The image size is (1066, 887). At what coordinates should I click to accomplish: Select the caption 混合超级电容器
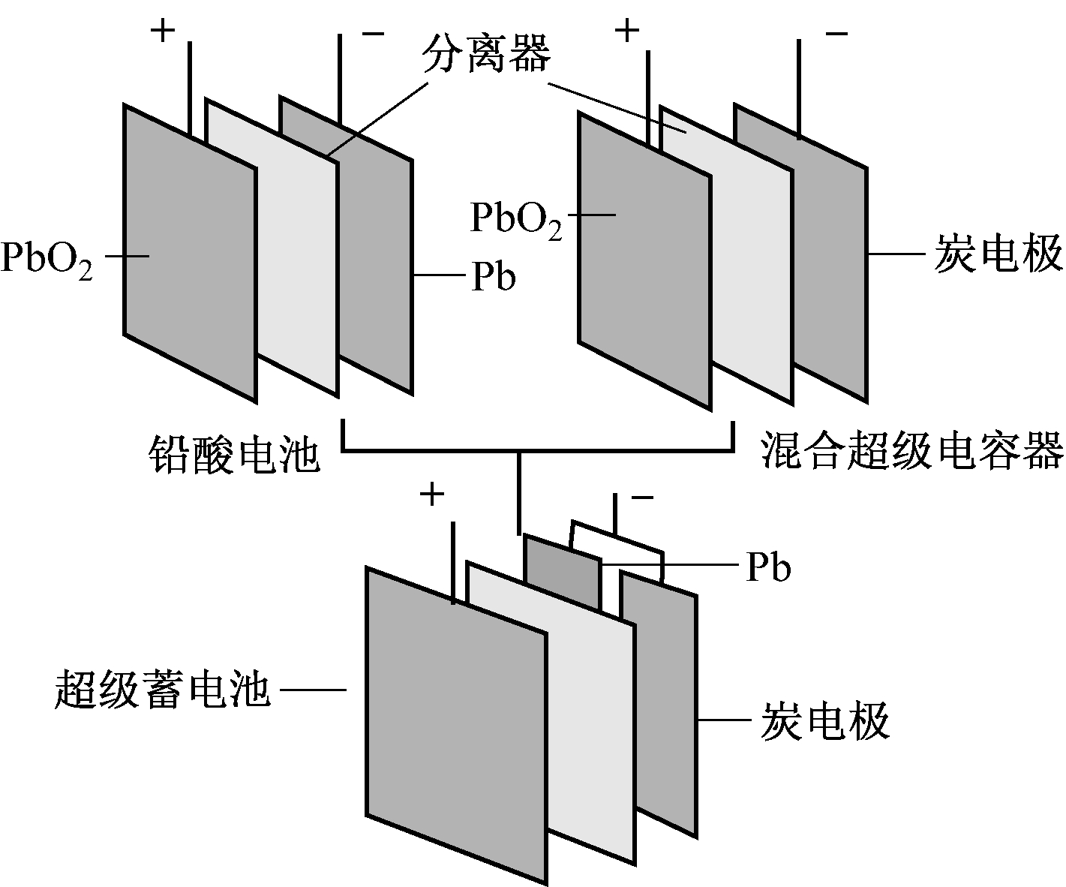point(912,450)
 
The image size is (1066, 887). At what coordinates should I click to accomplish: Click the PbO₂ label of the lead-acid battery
point(47,259)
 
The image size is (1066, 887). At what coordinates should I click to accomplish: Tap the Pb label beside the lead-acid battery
point(494,277)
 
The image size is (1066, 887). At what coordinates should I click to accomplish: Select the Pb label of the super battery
point(768,568)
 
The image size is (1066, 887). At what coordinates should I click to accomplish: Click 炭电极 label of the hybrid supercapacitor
point(999,254)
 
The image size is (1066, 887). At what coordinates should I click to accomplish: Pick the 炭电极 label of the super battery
point(825,721)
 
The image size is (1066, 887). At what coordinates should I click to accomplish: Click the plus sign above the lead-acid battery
point(163,31)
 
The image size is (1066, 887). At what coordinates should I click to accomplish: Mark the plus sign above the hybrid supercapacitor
point(627,31)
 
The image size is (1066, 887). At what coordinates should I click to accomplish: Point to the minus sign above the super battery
point(642,497)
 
